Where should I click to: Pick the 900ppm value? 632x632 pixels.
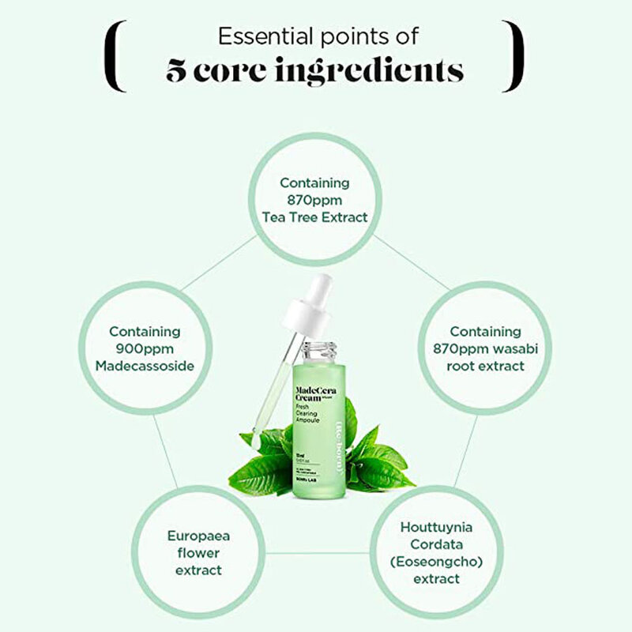pyautogui.click(x=144, y=348)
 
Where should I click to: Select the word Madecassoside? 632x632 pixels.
pyautogui.click(x=144, y=365)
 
